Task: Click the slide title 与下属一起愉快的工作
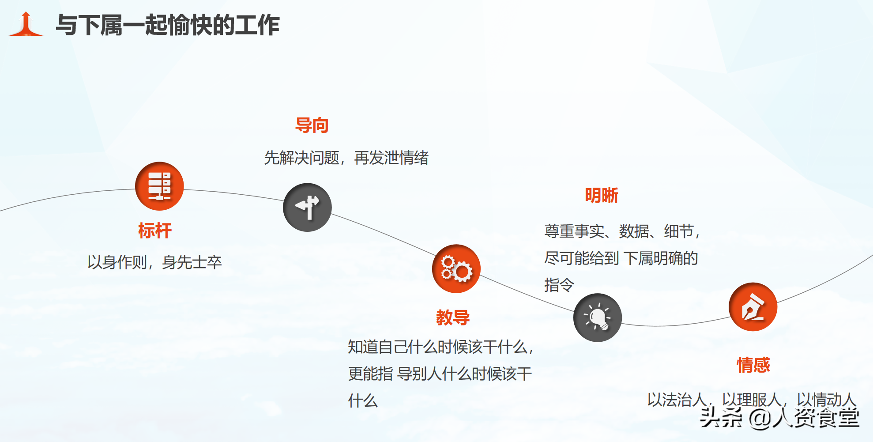pyautogui.click(x=168, y=25)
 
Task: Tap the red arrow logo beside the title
pyautogui.click(x=26, y=24)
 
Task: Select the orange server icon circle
pyautogui.click(x=159, y=186)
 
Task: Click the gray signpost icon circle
pyautogui.click(x=307, y=208)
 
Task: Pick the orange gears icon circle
pyautogui.click(x=456, y=268)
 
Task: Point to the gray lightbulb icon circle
pyautogui.click(x=598, y=317)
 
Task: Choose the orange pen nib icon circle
pyautogui.click(x=753, y=307)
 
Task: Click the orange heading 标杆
pyautogui.click(x=155, y=230)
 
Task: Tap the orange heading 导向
pyautogui.click(x=312, y=125)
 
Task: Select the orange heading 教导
pyautogui.click(x=453, y=317)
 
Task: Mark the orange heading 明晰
pyautogui.click(x=602, y=195)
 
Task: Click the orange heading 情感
pyautogui.click(x=753, y=365)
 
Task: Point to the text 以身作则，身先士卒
pyautogui.click(x=154, y=262)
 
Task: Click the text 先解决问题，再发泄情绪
pyautogui.click(x=346, y=158)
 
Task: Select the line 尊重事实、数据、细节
pyautogui.click(x=622, y=231)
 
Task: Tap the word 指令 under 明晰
pyautogui.click(x=559, y=285)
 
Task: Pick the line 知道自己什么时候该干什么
pyautogui.click(x=440, y=347)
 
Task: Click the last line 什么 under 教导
pyautogui.click(x=363, y=401)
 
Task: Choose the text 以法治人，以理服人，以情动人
pyautogui.click(x=752, y=400)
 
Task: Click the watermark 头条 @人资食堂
pyautogui.click(x=780, y=418)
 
